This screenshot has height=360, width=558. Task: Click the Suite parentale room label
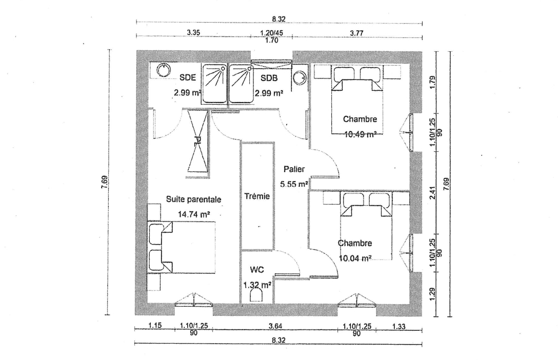click(193, 198)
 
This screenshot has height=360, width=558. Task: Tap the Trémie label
click(257, 195)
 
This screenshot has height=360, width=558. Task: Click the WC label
click(257, 270)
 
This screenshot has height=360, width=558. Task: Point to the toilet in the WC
click(257, 295)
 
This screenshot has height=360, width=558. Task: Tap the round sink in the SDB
click(300, 77)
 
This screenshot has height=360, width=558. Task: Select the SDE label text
click(188, 78)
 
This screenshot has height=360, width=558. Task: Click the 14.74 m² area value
click(193, 214)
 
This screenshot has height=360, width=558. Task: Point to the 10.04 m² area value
click(355, 258)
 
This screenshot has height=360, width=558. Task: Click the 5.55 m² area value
click(294, 184)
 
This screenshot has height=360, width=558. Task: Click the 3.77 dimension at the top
click(356, 33)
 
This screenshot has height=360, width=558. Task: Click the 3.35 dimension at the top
click(193, 33)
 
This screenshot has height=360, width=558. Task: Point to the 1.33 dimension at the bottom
click(398, 326)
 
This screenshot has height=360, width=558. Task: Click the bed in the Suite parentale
click(182, 248)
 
